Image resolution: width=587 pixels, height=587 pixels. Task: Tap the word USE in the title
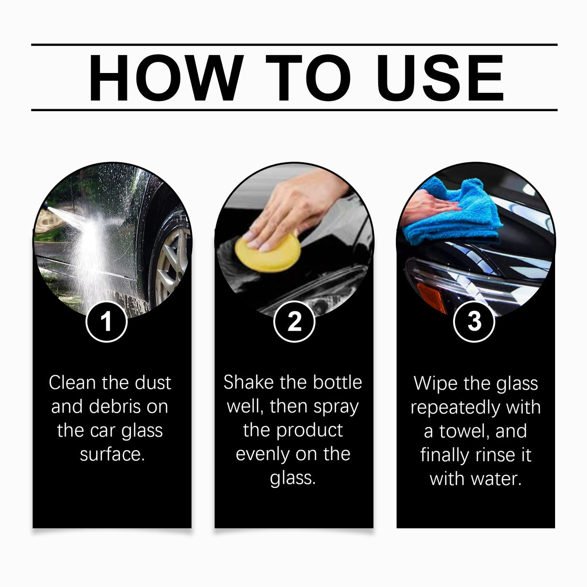click(440, 78)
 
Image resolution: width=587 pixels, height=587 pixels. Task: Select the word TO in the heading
click(308, 78)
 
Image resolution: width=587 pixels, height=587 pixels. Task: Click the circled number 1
click(106, 322)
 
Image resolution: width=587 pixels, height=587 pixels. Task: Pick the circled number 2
click(294, 322)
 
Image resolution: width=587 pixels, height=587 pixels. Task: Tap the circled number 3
click(474, 322)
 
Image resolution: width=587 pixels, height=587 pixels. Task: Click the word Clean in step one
click(72, 383)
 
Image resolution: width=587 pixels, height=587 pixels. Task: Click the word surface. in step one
click(112, 454)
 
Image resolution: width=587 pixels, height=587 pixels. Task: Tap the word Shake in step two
click(249, 382)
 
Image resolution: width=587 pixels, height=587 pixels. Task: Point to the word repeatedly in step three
click(455, 408)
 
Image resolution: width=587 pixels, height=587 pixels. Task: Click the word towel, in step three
click(465, 431)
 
